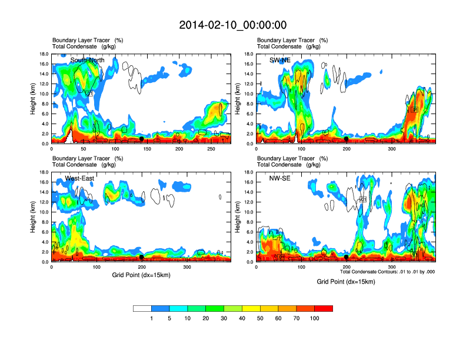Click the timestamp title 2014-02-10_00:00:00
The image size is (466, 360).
tap(232, 25)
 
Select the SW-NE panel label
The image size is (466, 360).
tap(288, 60)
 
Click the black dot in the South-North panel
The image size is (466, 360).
tap(142, 139)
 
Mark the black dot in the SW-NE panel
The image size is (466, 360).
tap(347, 139)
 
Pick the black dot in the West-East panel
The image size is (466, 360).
tap(142, 257)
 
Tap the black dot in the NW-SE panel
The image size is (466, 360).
tap(347, 257)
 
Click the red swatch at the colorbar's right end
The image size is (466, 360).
tap(324, 308)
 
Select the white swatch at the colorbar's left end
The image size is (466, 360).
tap(142, 308)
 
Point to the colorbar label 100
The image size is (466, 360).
tap(315, 318)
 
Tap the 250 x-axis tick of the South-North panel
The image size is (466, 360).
tap(212, 149)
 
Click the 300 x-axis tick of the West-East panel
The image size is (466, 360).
tap(204, 267)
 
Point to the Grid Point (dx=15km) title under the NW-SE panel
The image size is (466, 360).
tap(346, 282)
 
